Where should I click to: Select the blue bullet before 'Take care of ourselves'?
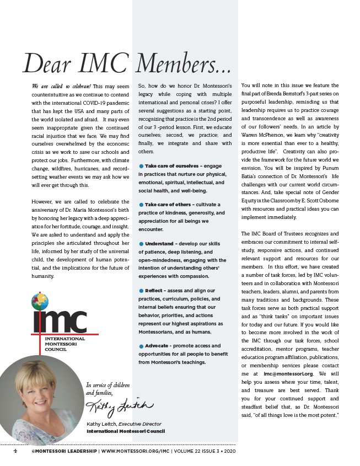pyautogui.click(x=141, y=166)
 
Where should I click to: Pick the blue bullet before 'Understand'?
pyautogui.click(x=141, y=243)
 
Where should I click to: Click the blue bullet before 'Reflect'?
pyautogui.click(x=141, y=290)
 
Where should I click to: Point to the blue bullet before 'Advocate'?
pyautogui.click(x=141, y=346)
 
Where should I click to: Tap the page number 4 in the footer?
pyautogui.click(x=15, y=451)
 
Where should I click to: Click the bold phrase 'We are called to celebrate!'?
pyautogui.click(x=61, y=86)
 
